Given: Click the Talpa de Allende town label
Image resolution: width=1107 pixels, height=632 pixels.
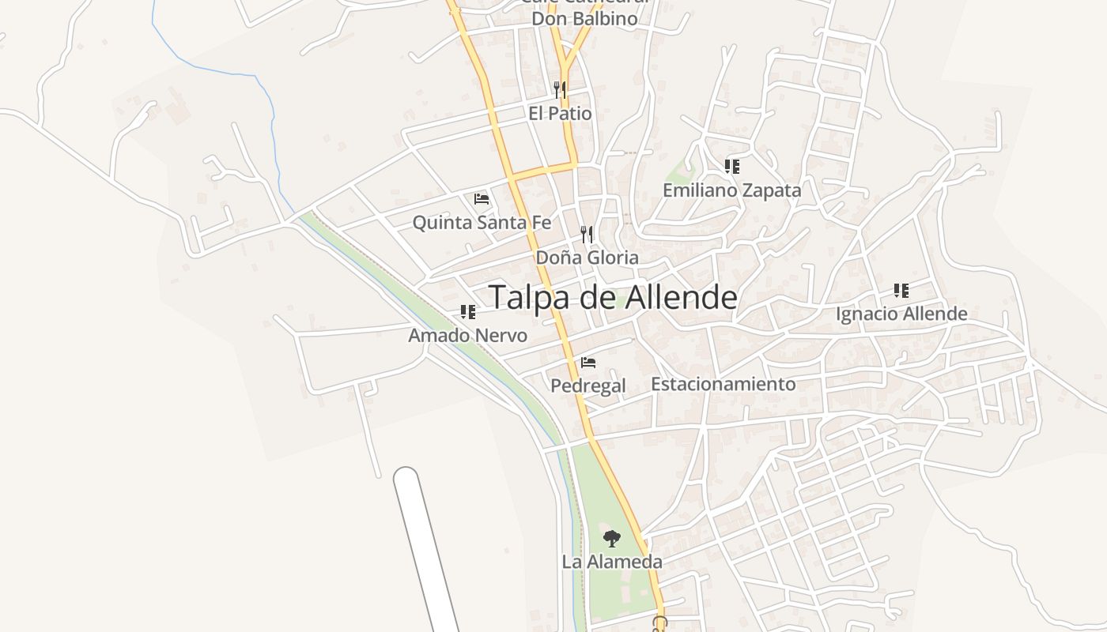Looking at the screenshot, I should click(x=613, y=298).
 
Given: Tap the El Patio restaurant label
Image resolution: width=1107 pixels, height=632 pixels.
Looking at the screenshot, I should click(x=560, y=114).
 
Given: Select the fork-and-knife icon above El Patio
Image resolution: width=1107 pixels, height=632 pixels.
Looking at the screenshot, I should click(x=560, y=89).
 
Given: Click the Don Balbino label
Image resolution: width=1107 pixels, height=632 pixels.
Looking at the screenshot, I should click(x=584, y=19).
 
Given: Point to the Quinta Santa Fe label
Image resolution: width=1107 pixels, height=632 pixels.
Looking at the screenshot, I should click(x=482, y=223).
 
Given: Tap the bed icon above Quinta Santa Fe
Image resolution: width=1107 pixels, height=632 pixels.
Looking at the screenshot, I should click(x=482, y=199).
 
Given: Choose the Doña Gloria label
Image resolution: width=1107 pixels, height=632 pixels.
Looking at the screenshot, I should click(x=587, y=258).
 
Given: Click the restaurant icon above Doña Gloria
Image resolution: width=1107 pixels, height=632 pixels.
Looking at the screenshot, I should click(x=587, y=234).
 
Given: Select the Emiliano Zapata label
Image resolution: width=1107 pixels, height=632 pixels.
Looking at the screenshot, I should click(x=731, y=190).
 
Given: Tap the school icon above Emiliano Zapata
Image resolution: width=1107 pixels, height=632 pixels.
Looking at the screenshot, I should click(x=732, y=167).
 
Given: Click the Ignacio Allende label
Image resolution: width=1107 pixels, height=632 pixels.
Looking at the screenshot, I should click(x=901, y=314).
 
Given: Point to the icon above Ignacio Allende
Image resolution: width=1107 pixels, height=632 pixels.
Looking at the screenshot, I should click(x=901, y=291).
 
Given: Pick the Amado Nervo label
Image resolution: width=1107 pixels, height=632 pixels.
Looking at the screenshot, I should click(x=467, y=336).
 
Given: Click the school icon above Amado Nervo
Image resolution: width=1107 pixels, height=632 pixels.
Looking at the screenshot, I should click(x=468, y=312).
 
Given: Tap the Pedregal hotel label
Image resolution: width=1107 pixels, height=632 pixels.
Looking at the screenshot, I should click(x=588, y=386).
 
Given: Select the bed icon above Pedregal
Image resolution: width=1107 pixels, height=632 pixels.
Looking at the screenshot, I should click(x=588, y=363).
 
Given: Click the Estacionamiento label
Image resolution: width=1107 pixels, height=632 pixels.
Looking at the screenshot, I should click(x=723, y=385).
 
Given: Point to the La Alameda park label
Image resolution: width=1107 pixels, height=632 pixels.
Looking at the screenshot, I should click(x=611, y=562).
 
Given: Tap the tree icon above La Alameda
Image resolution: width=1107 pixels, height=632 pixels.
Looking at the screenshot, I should click(x=611, y=540).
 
